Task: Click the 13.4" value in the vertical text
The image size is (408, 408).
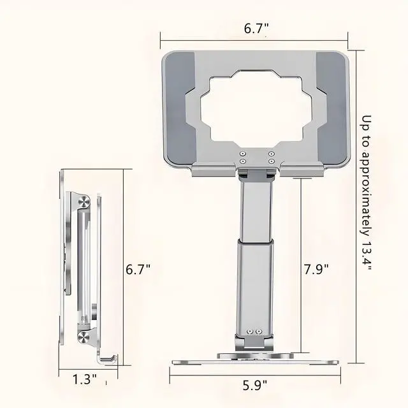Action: coord(367,256)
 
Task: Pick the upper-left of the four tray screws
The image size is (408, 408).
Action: coord(243,154)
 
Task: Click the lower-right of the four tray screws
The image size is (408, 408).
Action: coord(270,161)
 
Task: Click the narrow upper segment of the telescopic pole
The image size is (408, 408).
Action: coord(254,208)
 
